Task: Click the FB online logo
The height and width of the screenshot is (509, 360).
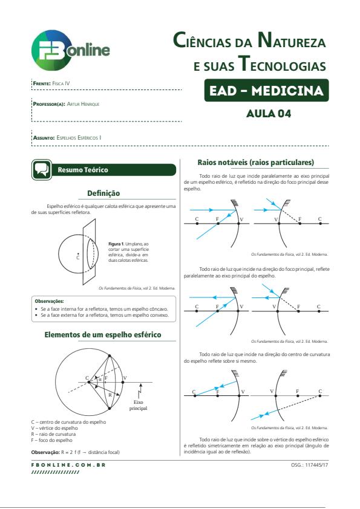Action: coord(71,50)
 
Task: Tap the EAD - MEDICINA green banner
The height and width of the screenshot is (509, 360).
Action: coord(266,90)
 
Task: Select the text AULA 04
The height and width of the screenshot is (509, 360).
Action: coord(269,114)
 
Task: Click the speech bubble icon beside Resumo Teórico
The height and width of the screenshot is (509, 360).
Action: coord(42,169)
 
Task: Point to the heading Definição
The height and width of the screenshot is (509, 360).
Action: coord(103,193)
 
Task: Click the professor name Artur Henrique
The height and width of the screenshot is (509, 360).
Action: coord(83,104)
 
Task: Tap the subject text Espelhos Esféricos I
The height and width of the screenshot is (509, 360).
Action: coord(79,138)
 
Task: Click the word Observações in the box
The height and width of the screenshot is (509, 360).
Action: coord(49,301)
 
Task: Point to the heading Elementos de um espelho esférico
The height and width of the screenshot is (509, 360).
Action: coord(103,335)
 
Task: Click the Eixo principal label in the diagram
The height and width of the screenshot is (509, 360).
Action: coord(139,405)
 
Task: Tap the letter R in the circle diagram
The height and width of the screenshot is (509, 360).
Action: coord(110,395)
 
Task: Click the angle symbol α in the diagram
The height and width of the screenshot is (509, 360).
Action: coord(100,379)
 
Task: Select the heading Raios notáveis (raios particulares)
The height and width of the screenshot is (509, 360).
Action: coord(256,162)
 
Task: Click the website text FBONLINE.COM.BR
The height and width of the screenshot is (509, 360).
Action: coord(68,465)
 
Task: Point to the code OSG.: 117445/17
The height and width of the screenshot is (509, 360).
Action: coord(310,465)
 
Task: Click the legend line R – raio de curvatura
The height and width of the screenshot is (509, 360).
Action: coord(54,434)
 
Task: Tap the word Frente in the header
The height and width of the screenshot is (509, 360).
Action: coord(42,83)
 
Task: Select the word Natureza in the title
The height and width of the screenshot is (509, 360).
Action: coord(292,40)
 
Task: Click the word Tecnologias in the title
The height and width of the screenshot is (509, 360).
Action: coord(282,64)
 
